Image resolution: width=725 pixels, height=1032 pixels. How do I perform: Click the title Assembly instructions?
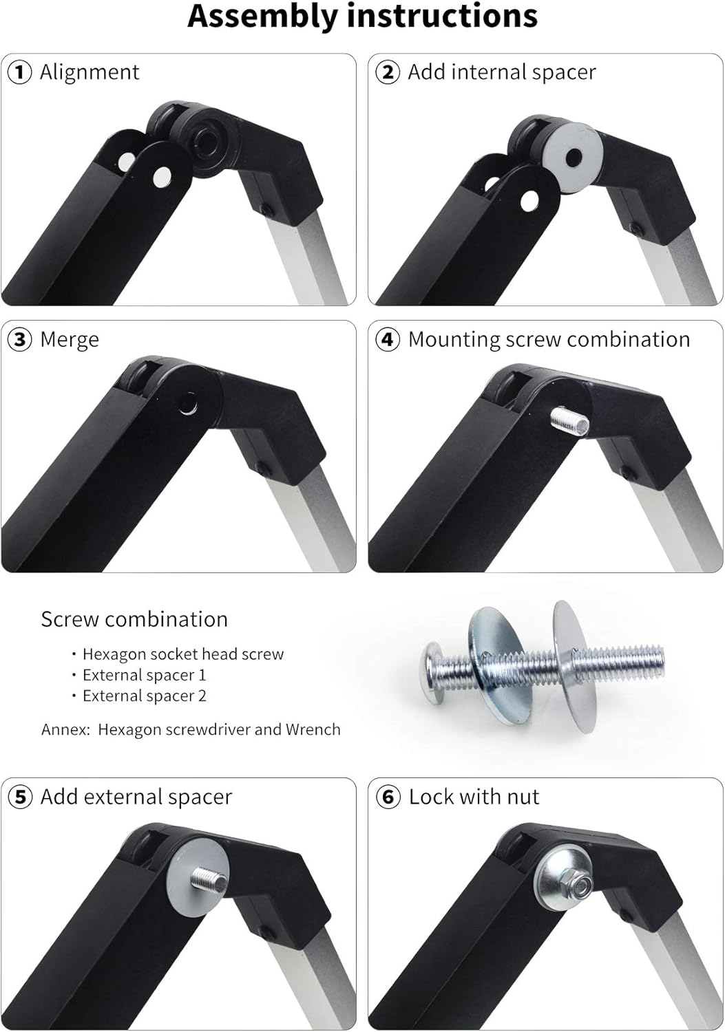point(362,17)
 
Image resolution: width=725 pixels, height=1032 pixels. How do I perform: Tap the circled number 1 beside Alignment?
point(19,72)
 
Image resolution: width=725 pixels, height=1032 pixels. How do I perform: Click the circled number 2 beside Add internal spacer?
point(388,72)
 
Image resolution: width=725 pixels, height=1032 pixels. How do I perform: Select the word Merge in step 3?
point(70,340)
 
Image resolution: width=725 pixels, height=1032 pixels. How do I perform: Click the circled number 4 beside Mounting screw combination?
point(388,340)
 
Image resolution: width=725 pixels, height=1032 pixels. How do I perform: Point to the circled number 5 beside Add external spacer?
point(19,797)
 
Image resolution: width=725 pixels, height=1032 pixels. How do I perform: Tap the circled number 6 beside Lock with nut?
point(388,797)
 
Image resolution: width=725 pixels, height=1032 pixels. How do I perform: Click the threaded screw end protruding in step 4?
point(568,421)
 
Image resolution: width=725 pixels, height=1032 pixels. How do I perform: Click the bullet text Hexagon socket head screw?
point(182,654)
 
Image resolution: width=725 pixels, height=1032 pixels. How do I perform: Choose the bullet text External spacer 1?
point(144,675)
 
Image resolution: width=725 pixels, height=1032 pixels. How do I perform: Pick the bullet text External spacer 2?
point(144,696)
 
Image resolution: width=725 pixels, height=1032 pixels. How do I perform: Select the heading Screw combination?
point(134,619)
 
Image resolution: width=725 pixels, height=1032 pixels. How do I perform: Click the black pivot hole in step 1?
point(204,142)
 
